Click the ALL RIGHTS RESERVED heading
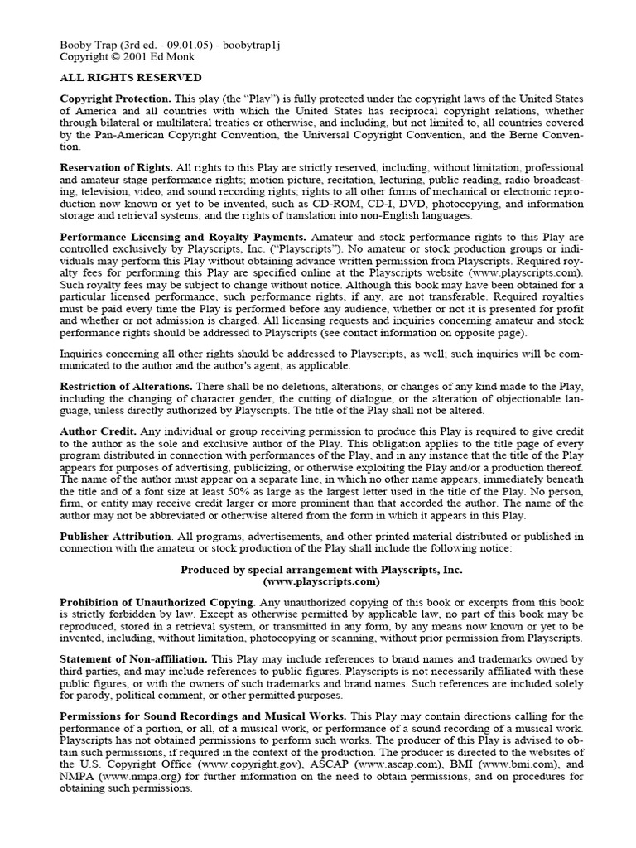pyautogui.click(x=130, y=78)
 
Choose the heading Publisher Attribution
pyautogui.click(x=116, y=536)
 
